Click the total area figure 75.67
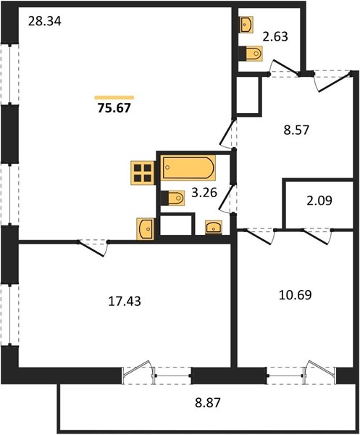[x=114, y=108]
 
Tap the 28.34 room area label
[x=45, y=21]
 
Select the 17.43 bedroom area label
[x=125, y=302]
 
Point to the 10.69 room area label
[x=295, y=295]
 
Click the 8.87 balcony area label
[x=208, y=402]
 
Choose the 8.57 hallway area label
[x=296, y=130]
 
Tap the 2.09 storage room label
[x=319, y=200]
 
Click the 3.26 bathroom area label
[x=204, y=193]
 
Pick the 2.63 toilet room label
[x=275, y=37]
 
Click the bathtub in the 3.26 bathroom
[x=188, y=167]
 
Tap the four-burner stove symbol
[x=143, y=173]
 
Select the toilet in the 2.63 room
[x=251, y=53]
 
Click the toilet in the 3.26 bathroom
[x=173, y=198]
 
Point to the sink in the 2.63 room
[x=246, y=25]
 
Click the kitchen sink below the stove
[x=146, y=228]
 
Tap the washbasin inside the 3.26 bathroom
[x=214, y=227]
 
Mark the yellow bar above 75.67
[x=114, y=97]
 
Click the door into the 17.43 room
[x=93, y=248]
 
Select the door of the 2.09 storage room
[x=317, y=236]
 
